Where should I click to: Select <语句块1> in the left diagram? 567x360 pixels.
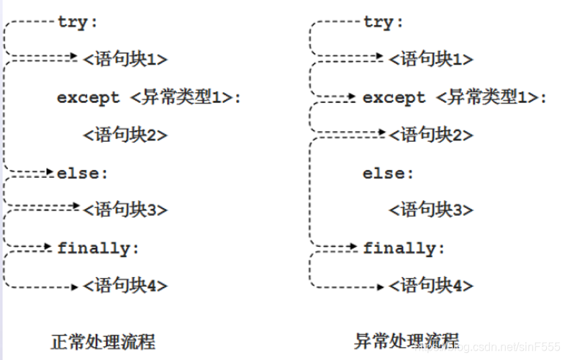point(125,59)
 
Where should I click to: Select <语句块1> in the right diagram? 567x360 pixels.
point(431,59)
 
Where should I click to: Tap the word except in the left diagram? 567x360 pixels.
point(89,98)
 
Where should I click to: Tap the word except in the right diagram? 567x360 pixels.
point(394,98)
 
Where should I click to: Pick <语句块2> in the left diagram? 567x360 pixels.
point(125,135)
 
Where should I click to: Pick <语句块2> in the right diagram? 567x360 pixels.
point(431,135)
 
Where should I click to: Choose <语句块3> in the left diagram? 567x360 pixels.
point(125,210)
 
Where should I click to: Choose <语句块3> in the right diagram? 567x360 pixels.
point(431,210)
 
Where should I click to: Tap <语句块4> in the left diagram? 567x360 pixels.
point(125,286)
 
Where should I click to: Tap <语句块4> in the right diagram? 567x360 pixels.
point(431,286)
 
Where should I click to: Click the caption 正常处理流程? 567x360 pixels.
point(103,341)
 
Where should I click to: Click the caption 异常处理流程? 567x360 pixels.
point(407,341)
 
